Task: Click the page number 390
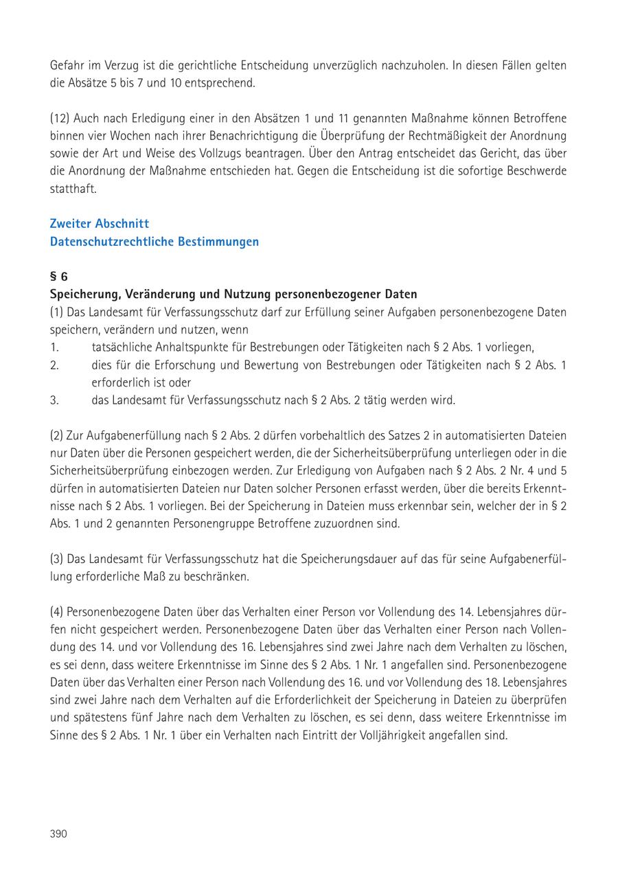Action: tap(58, 833)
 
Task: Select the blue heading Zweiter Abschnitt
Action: tap(100, 224)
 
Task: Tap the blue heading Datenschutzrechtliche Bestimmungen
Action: tap(154, 242)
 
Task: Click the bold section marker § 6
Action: tap(59, 277)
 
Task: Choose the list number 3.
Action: tap(54, 400)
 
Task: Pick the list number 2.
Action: tap(54, 365)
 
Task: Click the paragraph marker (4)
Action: tap(58, 611)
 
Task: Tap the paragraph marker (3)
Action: tap(58, 559)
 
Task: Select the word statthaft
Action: tap(73, 188)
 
